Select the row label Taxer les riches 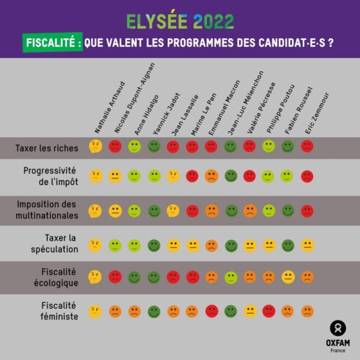47,148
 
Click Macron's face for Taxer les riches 211,147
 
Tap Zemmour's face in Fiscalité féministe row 307,312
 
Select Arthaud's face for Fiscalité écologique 95,277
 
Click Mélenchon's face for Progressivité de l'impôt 231,176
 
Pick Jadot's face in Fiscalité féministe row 154,312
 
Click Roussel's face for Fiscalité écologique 288,277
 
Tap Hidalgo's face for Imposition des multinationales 135,211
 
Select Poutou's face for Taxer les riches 269,147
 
